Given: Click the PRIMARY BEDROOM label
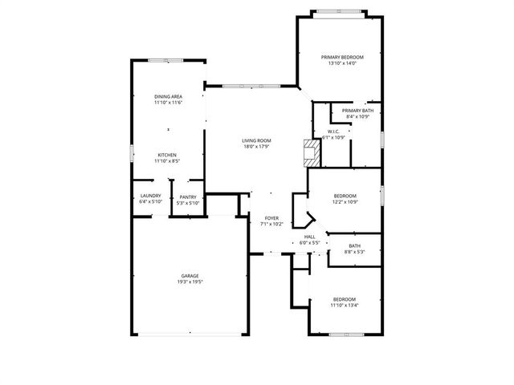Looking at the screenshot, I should coord(342,57).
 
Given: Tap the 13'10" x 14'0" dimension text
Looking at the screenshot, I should coord(342,63).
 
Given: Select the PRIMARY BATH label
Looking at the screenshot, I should coord(357,111).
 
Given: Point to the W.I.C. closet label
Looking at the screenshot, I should coord(333,132).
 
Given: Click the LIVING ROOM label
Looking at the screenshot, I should coord(256,140).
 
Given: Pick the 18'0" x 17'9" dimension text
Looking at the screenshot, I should coord(256,147).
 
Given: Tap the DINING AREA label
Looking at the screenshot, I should coord(168,96).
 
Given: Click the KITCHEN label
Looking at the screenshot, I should coord(167,155).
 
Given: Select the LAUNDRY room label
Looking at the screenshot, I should coord(150,196).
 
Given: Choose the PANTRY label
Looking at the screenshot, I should coord(188,197).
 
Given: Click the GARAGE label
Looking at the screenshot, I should coord(190,276).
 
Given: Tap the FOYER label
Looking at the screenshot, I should coord(271,217).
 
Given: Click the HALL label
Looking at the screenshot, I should coord(309,237).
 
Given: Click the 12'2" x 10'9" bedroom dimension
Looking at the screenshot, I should coord(345,202).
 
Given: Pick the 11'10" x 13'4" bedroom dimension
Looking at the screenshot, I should coord(345,305).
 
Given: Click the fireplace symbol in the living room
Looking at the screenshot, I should coord(307,152).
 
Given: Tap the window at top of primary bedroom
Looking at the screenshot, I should coord(337,11).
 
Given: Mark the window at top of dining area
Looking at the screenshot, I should coord(169,60).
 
